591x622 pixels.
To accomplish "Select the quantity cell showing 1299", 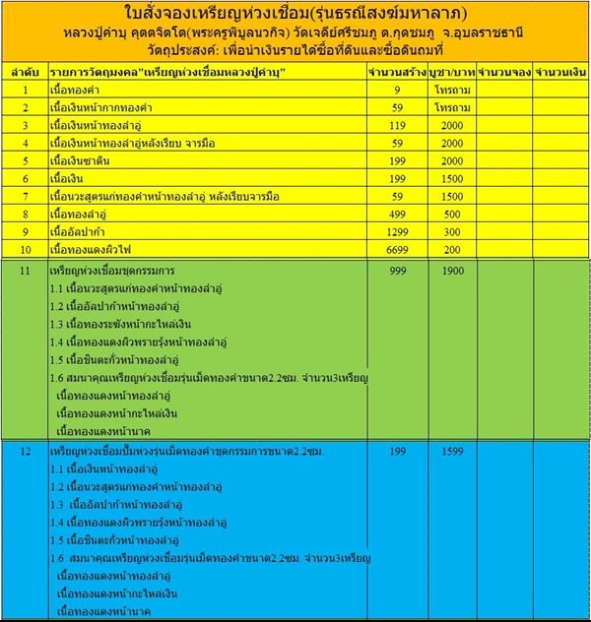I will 397,231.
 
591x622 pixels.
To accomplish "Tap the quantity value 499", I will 397,214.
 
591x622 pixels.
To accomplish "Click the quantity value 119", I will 397,127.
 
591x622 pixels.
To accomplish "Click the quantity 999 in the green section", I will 397,269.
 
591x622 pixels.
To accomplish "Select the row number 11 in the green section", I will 25,269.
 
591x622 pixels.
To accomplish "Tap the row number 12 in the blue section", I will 25,451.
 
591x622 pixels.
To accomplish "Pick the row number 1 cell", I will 25,91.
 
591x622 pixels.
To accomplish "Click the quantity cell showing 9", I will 397,91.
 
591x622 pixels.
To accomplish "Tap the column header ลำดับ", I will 25,74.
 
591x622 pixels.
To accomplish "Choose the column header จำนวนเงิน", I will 560,74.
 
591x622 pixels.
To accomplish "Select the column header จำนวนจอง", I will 504,74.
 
